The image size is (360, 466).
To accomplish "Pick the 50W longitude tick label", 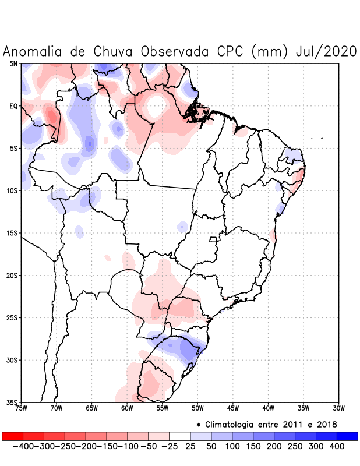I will pos(197,408).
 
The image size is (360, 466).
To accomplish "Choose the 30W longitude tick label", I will pos(339,408).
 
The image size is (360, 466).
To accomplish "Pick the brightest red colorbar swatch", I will pos(13,436).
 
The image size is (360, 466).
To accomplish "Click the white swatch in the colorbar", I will pos(180,436).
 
